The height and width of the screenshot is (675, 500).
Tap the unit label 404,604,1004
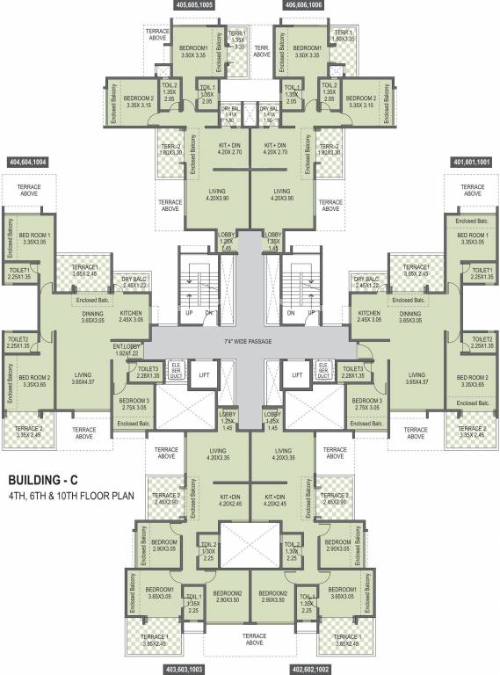coord(40,163)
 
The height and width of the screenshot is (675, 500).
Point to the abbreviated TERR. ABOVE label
coord(261,51)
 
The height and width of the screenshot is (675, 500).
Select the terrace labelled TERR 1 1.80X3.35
coord(344,36)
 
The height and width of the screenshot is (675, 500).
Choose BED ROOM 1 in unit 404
coord(35,238)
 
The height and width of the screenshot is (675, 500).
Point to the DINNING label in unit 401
coord(409,317)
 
